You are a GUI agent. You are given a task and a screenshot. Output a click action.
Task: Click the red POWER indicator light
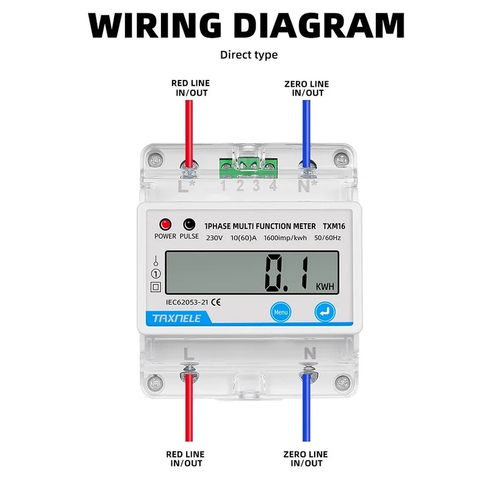click(x=165, y=224)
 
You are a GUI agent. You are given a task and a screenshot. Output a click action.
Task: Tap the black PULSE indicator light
click(x=189, y=224)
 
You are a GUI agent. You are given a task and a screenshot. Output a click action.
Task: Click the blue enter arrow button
click(x=325, y=312)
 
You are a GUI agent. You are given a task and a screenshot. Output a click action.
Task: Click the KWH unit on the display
click(x=325, y=287)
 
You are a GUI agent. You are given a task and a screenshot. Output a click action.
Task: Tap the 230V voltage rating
click(x=215, y=238)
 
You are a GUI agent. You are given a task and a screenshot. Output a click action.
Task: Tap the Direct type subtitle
click(x=249, y=55)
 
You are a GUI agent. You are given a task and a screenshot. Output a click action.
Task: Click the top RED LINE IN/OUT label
click(x=190, y=88)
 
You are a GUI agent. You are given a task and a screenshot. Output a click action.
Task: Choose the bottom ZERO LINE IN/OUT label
click(x=306, y=459)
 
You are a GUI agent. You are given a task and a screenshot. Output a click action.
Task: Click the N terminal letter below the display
click(x=309, y=353)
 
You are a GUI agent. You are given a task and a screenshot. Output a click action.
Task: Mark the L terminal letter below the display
click(x=188, y=353)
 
